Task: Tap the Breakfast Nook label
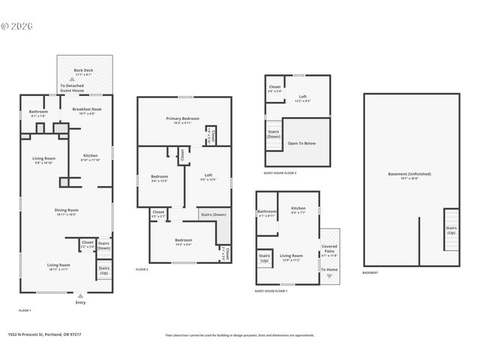coord(87,109)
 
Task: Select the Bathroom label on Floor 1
coord(39,112)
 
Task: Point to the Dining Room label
coord(66,211)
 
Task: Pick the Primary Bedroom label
coord(182,119)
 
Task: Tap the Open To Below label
coord(301,142)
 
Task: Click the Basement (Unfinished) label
coord(409,174)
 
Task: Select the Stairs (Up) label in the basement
coord(451,229)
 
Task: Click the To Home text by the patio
coord(329,269)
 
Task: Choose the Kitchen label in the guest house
coord(298,208)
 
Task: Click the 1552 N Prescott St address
coord(44,335)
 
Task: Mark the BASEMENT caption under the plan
coord(370,273)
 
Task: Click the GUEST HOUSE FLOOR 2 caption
coord(280,172)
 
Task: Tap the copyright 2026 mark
coord(19,25)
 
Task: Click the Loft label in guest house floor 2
coord(302,96)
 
